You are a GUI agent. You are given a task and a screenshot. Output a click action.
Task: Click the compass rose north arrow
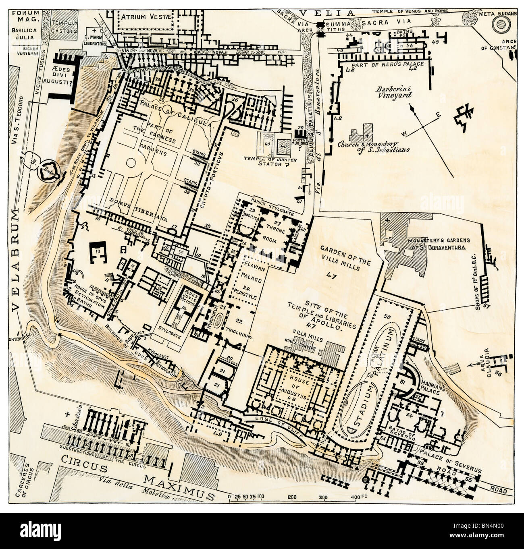pyautogui.click(x=412, y=107)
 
